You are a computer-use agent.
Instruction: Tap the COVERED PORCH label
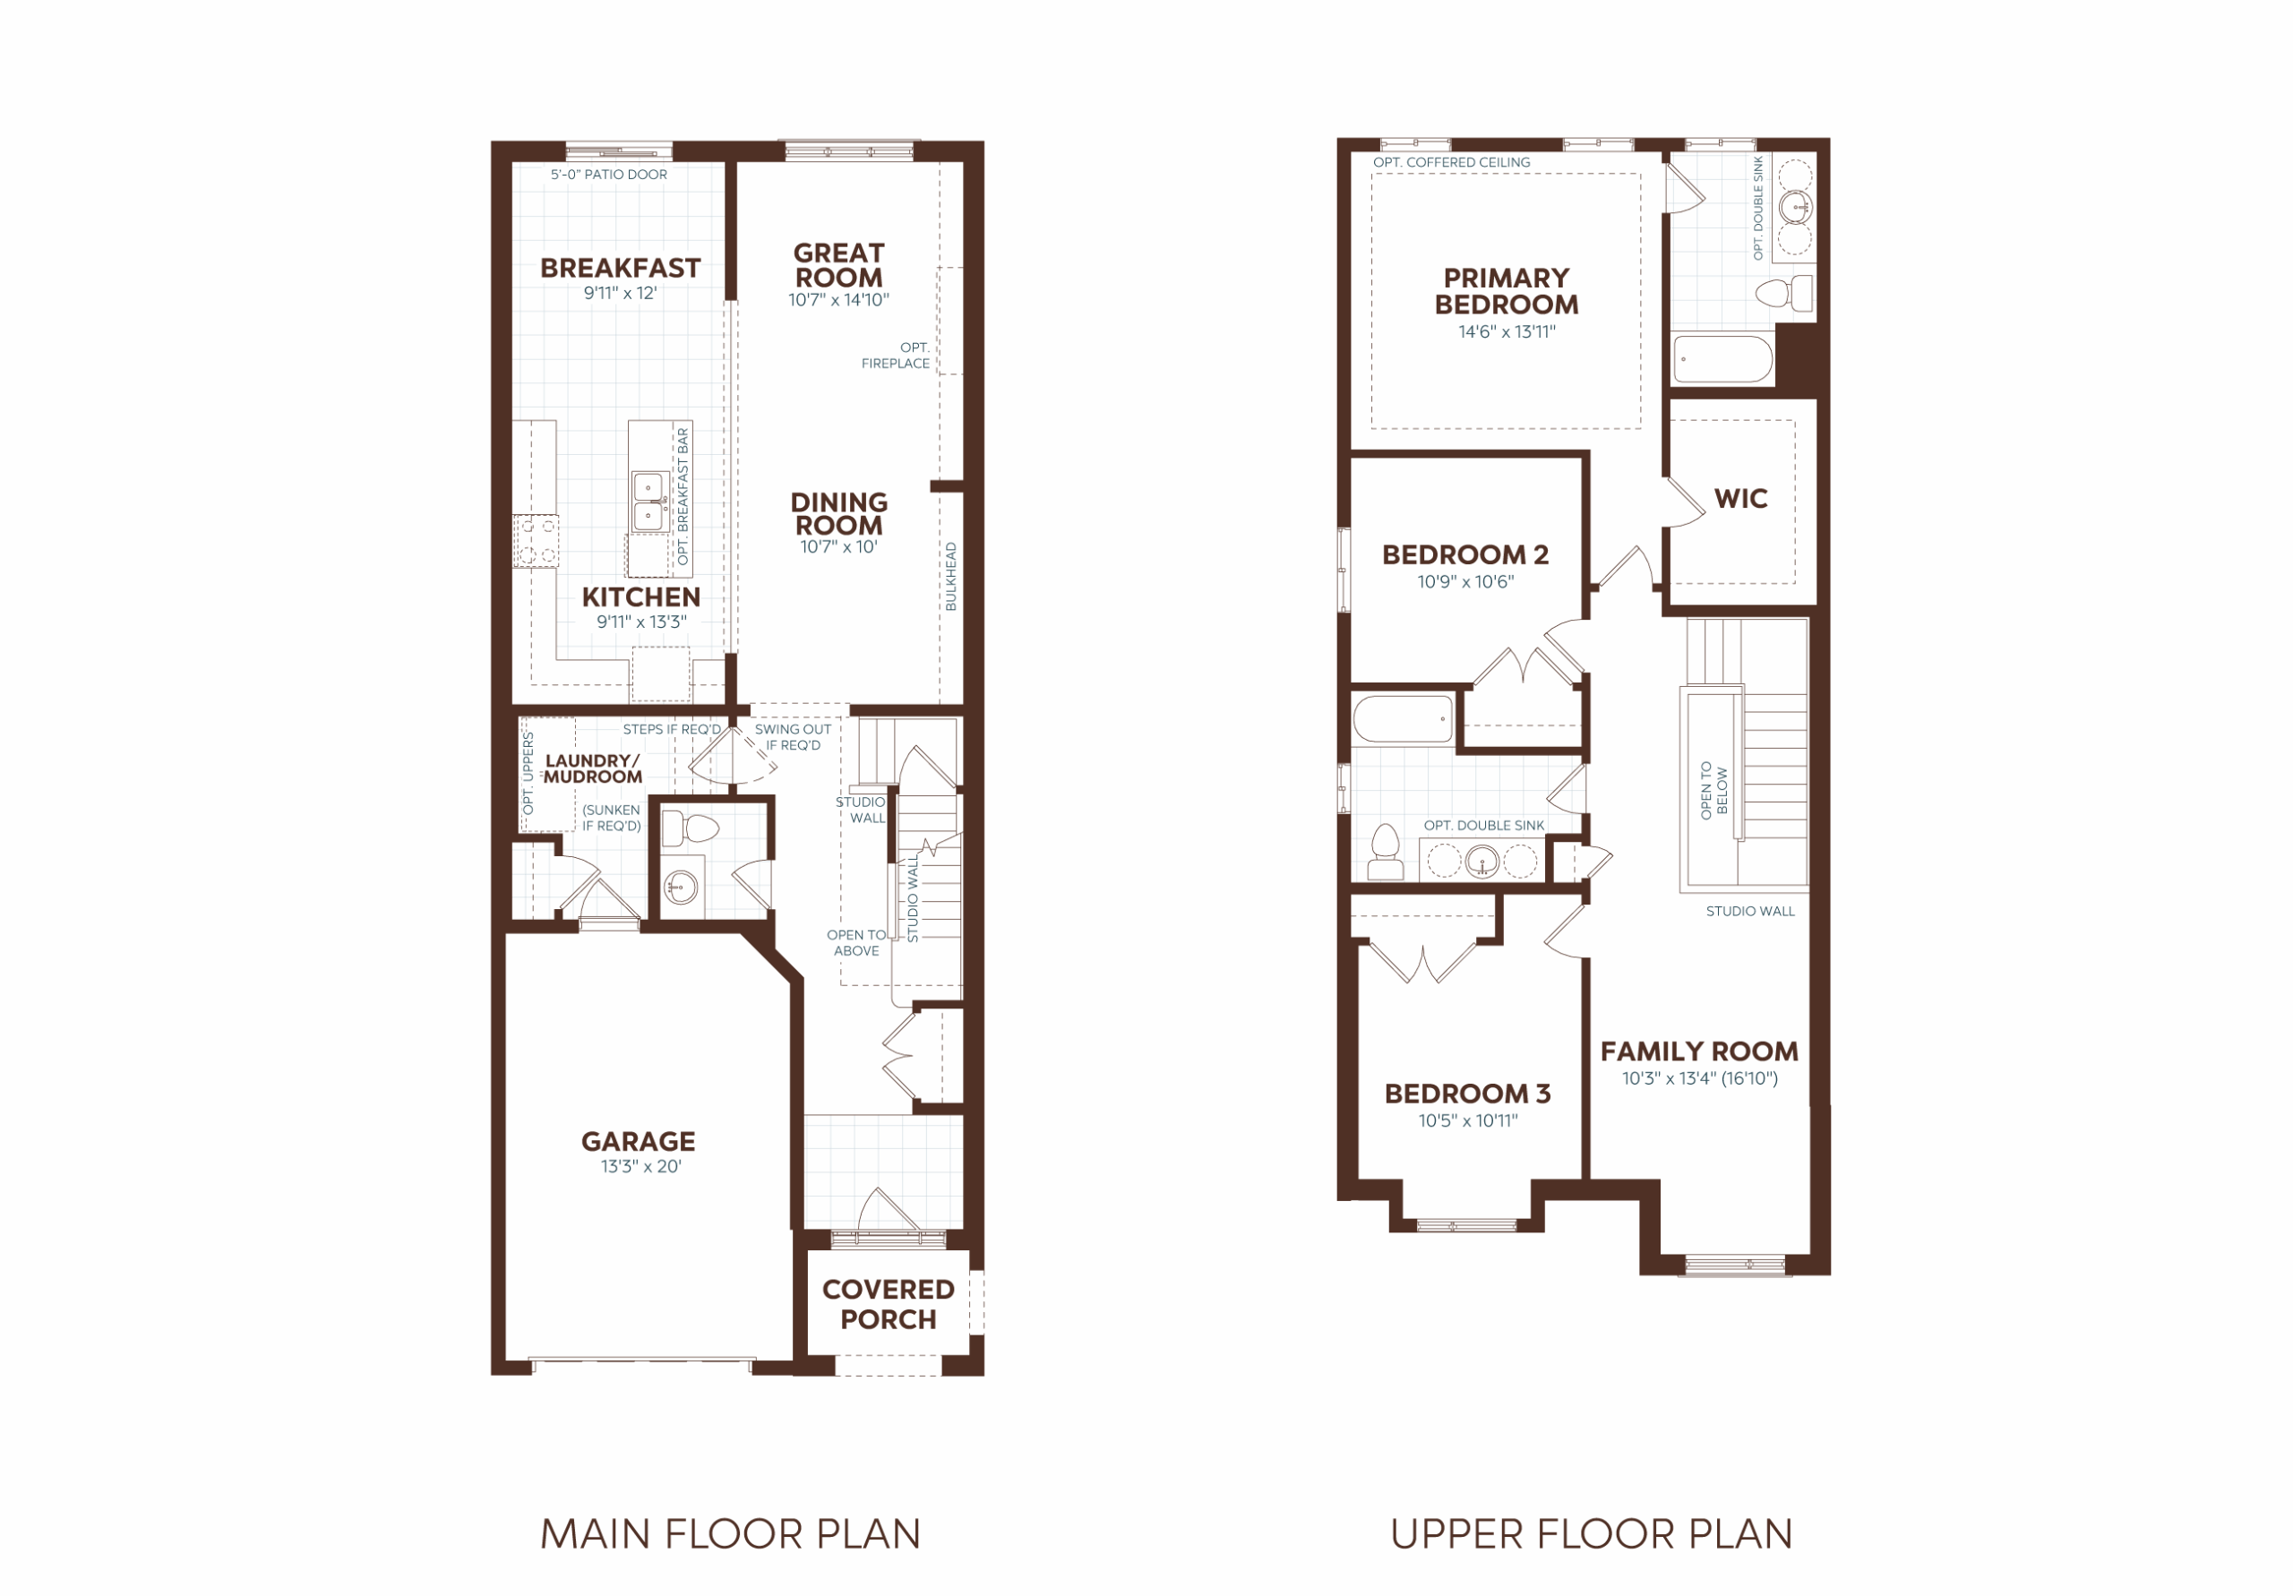click(888, 1304)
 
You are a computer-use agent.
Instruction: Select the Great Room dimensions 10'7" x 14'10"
click(839, 300)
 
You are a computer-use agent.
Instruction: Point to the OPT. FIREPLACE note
click(896, 356)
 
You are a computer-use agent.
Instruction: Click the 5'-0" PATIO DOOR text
click(609, 175)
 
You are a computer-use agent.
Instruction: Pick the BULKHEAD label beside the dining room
click(950, 576)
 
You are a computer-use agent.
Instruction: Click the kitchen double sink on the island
click(650, 502)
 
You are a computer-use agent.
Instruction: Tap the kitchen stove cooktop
click(537, 540)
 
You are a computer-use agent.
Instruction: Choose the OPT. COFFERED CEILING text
click(1451, 163)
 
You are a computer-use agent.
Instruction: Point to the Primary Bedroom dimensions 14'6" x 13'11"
click(1507, 331)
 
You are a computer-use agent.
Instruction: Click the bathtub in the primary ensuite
click(1722, 358)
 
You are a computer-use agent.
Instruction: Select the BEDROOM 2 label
click(1465, 554)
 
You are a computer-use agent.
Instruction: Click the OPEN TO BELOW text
click(1713, 790)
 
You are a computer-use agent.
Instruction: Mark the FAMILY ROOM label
click(1700, 1051)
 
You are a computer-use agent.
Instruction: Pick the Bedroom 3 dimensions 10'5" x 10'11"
click(1468, 1120)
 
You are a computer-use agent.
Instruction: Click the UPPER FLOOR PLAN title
click(1591, 1534)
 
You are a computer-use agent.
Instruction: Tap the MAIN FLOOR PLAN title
click(730, 1534)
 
